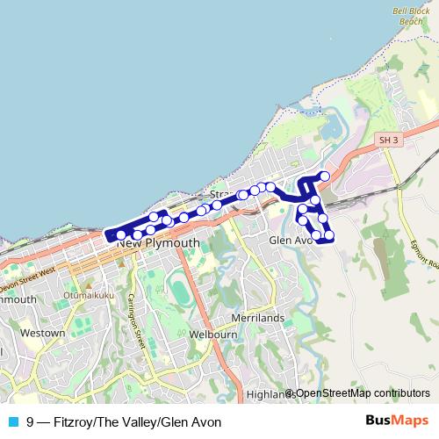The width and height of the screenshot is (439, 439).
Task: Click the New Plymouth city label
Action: tap(158, 242)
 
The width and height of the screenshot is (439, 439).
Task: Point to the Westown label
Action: tap(43, 333)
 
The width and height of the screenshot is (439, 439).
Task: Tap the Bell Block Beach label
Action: tap(409, 15)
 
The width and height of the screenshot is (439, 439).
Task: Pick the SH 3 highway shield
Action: tap(389, 140)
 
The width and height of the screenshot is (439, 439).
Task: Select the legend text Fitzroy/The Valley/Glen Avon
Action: tap(133, 421)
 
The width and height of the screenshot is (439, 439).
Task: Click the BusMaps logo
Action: tap(396, 421)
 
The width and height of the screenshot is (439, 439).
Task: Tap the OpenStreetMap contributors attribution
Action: tap(362, 393)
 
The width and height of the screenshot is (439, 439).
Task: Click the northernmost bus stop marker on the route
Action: tap(325, 176)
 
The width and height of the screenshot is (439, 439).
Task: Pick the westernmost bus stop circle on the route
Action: tap(120, 234)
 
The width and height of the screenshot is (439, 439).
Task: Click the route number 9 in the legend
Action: tap(31, 421)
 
